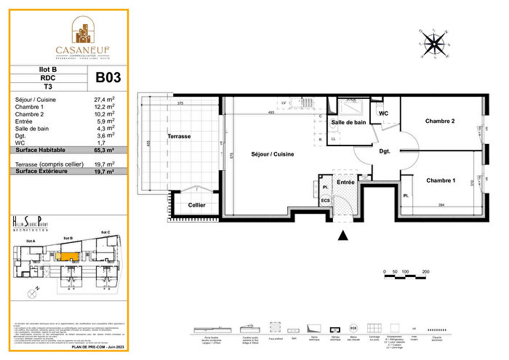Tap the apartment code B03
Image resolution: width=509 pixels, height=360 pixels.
pyautogui.click(x=108, y=76)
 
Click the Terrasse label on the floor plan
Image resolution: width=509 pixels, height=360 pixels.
pyautogui.click(x=179, y=136)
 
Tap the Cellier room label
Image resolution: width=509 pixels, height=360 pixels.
pyautogui.click(x=196, y=206)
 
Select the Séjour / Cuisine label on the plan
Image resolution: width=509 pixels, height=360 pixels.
pyautogui.click(x=273, y=154)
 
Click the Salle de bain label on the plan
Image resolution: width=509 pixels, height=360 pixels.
pyautogui.click(x=350, y=123)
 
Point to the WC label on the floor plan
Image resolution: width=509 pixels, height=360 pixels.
pyautogui.click(x=384, y=113)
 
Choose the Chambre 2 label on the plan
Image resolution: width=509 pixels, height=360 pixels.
pyautogui.click(x=440, y=121)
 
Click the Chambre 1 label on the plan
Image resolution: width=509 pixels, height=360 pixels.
pyautogui.click(x=441, y=180)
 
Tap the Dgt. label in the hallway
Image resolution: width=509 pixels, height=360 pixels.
pyautogui.click(x=385, y=151)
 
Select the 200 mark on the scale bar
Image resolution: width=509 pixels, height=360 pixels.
pyautogui.click(x=425, y=271)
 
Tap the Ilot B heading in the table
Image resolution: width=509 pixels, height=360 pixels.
pyautogui.click(x=47, y=70)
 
